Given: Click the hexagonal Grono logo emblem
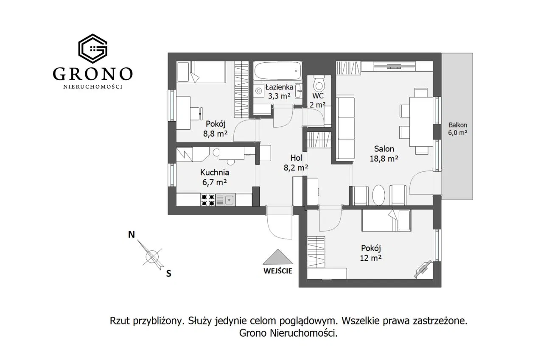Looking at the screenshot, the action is point(92,48).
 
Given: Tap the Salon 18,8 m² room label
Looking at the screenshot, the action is point(384,153).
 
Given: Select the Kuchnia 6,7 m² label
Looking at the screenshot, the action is point(215,177).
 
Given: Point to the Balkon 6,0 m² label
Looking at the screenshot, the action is point(458,128).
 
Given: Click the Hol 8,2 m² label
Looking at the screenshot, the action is point(296,162).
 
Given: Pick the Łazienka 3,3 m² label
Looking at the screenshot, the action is point(279,91).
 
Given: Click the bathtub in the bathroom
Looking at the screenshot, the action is point(277,71).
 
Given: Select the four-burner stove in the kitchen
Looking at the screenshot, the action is point(208,200).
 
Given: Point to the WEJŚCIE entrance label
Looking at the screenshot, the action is point(278,271).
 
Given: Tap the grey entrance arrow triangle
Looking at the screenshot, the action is point(278,257).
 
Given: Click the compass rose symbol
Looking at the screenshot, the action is point(152,256).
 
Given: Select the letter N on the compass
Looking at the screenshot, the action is point(132,234).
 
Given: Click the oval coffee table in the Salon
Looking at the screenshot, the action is point(378,195).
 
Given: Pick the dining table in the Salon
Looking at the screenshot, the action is point(421,122).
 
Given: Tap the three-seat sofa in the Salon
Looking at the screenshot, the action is point(345,128).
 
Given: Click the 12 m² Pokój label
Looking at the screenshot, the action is point(371,253).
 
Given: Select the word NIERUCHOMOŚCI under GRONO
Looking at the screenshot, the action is point(93,87).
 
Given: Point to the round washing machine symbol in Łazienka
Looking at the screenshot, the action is point(259,91).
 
